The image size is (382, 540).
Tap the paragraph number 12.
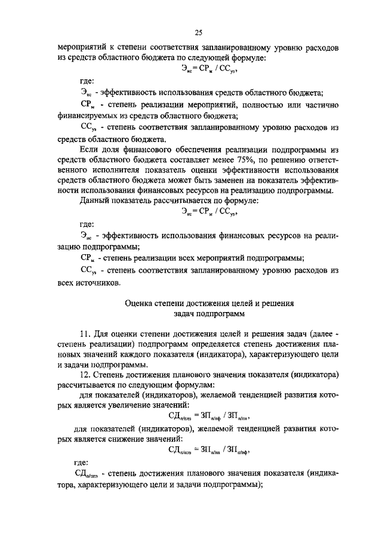85,374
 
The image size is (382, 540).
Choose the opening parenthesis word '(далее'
318,331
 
